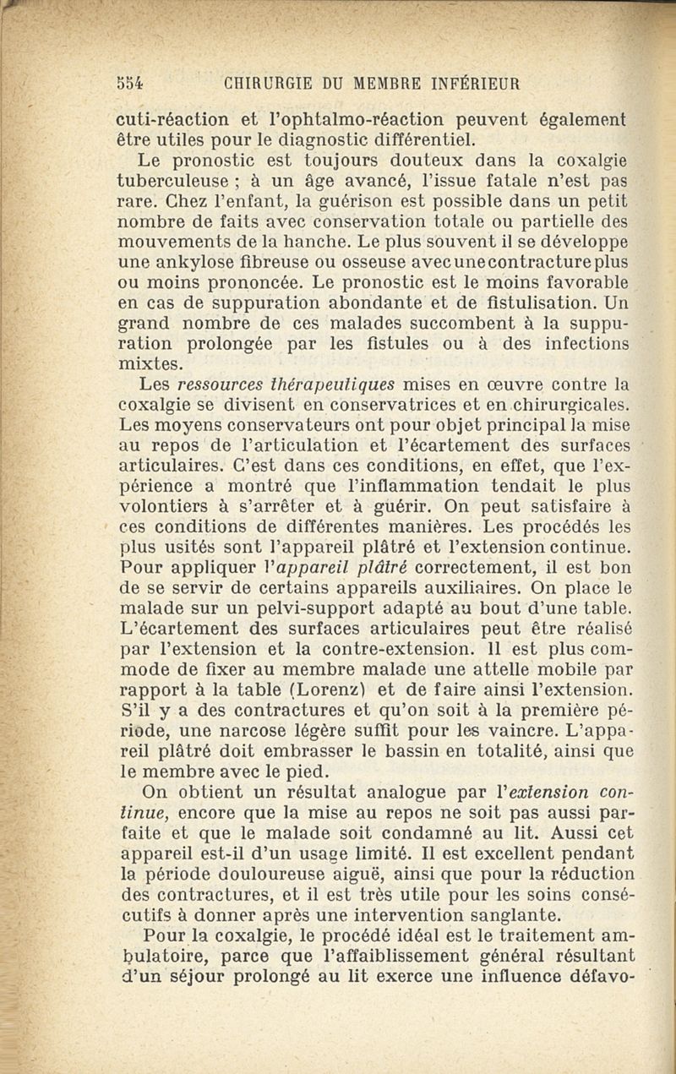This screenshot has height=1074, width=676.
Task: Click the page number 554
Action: tap(130, 84)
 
